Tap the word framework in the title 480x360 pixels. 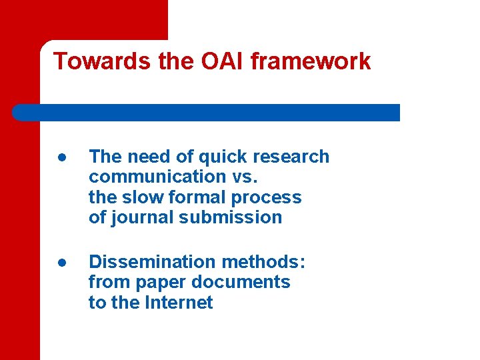pyautogui.click(x=311, y=61)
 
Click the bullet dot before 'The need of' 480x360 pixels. pyautogui.click(x=61, y=157)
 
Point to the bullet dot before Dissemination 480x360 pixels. pyautogui.click(x=61, y=263)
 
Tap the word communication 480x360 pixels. pyautogui.click(x=155, y=177)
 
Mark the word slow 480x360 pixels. pyautogui.click(x=146, y=197)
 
